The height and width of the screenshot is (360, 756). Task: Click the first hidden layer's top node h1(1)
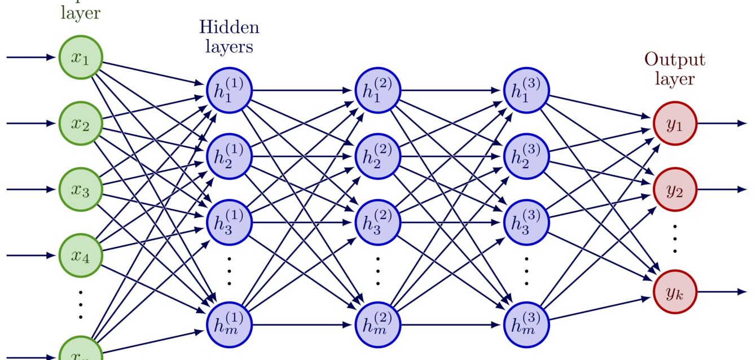pos(230,90)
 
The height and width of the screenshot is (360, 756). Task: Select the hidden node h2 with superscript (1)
pos(230,156)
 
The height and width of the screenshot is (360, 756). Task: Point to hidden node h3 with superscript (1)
pos(230,222)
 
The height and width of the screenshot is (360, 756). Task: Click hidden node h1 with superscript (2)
pos(377,90)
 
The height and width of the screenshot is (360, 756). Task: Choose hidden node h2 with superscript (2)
pos(377,156)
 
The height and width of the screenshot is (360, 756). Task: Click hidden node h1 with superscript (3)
pos(526,90)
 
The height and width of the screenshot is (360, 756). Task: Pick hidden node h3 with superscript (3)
pos(526,222)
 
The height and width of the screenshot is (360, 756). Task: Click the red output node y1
pos(675,123)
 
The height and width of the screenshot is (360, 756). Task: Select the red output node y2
pos(675,190)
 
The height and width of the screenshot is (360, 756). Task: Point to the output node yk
pos(675,292)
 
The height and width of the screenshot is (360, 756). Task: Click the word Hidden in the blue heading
pos(229,27)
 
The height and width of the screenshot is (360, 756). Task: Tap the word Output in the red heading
pos(675,60)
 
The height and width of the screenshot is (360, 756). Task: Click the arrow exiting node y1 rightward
pos(722,123)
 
